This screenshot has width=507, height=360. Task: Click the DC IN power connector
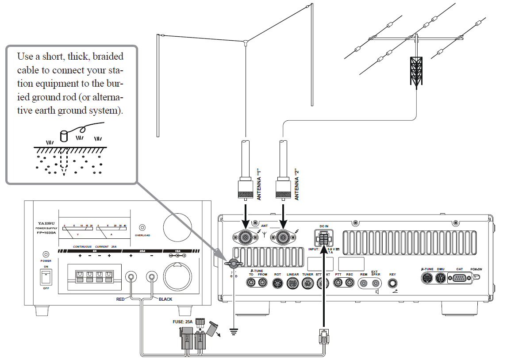click(324, 239)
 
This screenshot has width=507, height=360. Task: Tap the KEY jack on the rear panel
click(392, 283)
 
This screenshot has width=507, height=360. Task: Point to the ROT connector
click(277, 283)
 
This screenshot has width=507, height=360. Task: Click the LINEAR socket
click(293, 283)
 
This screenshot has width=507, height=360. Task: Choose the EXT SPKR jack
click(375, 283)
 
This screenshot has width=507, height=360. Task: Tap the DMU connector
click(440, 278)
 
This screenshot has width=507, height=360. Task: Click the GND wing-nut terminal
click(232, 264)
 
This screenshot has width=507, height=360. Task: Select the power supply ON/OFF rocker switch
click(46, 277)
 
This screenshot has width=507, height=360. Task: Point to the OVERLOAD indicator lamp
click(142, 227)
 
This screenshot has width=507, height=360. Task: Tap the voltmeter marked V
click(78, 230)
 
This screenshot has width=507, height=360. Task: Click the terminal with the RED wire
click(131, 277)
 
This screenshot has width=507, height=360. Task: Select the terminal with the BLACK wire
click(153, 277)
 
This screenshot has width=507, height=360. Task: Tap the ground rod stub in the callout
click(64, 135)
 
